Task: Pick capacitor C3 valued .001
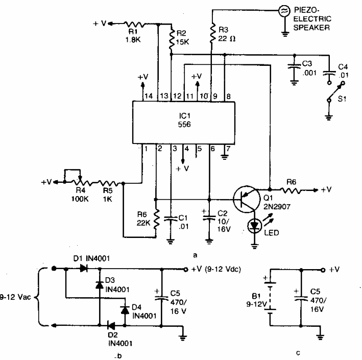294,66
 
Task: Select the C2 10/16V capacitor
209,217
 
